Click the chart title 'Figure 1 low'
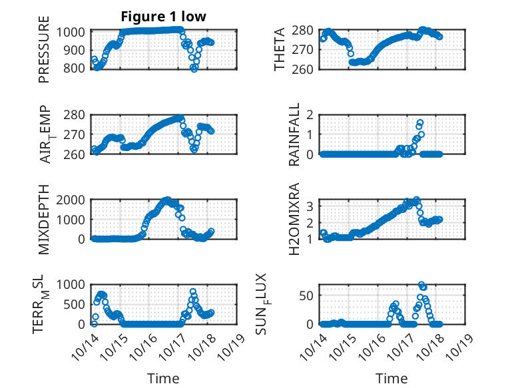pos(163,17)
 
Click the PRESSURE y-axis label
pos(45,54)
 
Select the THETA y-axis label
pos(280,49)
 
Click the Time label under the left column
pos(163,379)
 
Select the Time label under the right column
pos(391,379)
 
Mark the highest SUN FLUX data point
pos(421,285)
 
